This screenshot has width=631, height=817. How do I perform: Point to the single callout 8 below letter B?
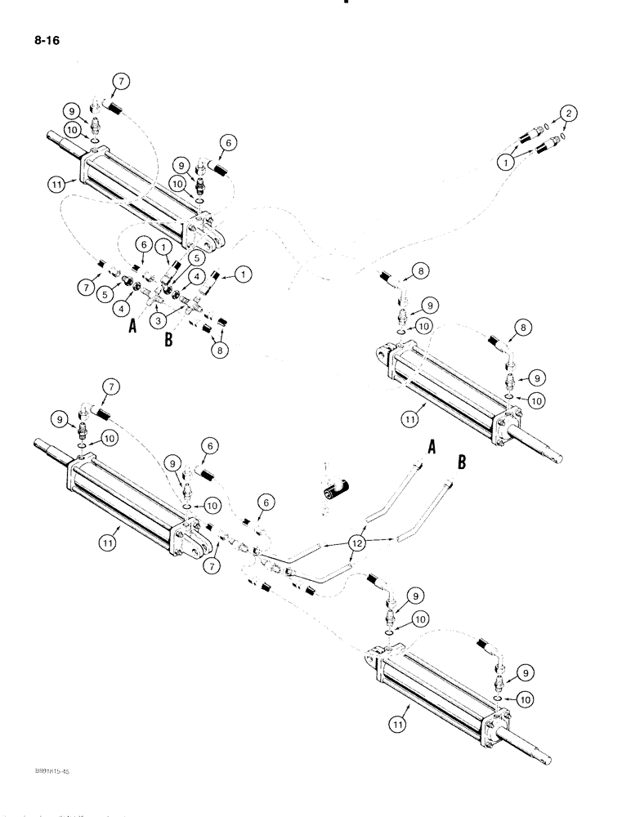click(x=221, y=349)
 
